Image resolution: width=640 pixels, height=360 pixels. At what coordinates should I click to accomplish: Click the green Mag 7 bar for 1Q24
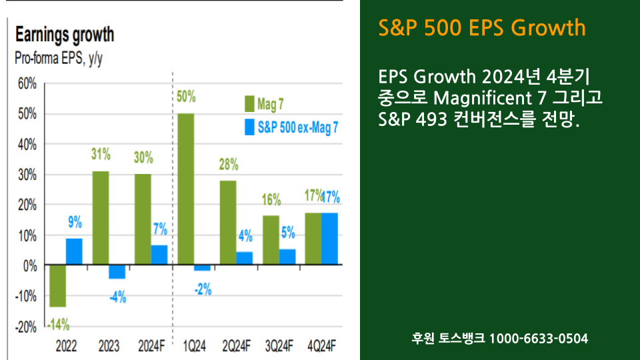click(x=185, y=189)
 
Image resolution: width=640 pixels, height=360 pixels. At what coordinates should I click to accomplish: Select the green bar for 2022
click(x=58, y=286)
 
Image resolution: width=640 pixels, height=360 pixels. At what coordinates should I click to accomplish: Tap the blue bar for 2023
click(x=117, y=272)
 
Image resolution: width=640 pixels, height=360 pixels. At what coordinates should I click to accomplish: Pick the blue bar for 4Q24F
click(x=329, y=239)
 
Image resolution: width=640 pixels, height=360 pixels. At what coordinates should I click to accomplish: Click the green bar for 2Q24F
click(x=228, y=223)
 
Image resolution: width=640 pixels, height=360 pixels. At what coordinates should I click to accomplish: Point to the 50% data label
click(x=186, y=97)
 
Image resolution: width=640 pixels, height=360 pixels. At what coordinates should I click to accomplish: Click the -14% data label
click(x=58, y=325)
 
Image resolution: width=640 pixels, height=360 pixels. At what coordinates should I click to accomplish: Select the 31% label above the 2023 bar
click(x=101, y=154)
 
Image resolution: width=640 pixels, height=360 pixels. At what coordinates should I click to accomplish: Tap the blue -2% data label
click(x=203, y=289)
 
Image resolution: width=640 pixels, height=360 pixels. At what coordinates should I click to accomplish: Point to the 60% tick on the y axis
click(x=27, y=84)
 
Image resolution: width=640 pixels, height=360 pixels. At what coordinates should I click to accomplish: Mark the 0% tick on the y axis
click(x=31, y=266)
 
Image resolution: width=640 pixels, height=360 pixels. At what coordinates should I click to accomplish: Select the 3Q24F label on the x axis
click(x=279, y=347)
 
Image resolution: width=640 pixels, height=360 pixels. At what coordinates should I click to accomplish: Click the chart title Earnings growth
click(x=65, y=35)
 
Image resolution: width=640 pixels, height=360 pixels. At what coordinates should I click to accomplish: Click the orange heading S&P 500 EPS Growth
click(x=481, y=28)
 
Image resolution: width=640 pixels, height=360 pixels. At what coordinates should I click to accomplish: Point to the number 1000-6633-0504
click(x=539, y=339)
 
